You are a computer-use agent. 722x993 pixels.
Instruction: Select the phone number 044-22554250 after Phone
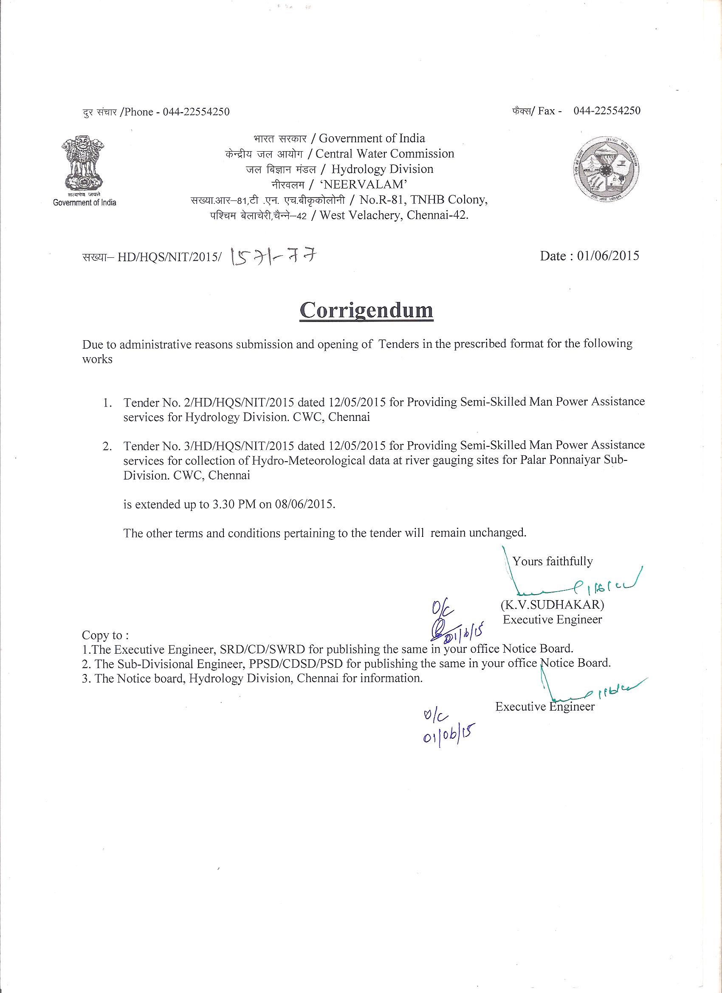[x=196, y=112]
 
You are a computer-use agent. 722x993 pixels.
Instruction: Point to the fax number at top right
[x=607, y=110]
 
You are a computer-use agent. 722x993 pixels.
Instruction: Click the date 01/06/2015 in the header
[x=608, y=256]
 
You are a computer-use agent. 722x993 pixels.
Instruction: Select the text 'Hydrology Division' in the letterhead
[x=382, y=169]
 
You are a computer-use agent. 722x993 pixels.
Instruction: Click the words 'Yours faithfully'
[x=553, y=561]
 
